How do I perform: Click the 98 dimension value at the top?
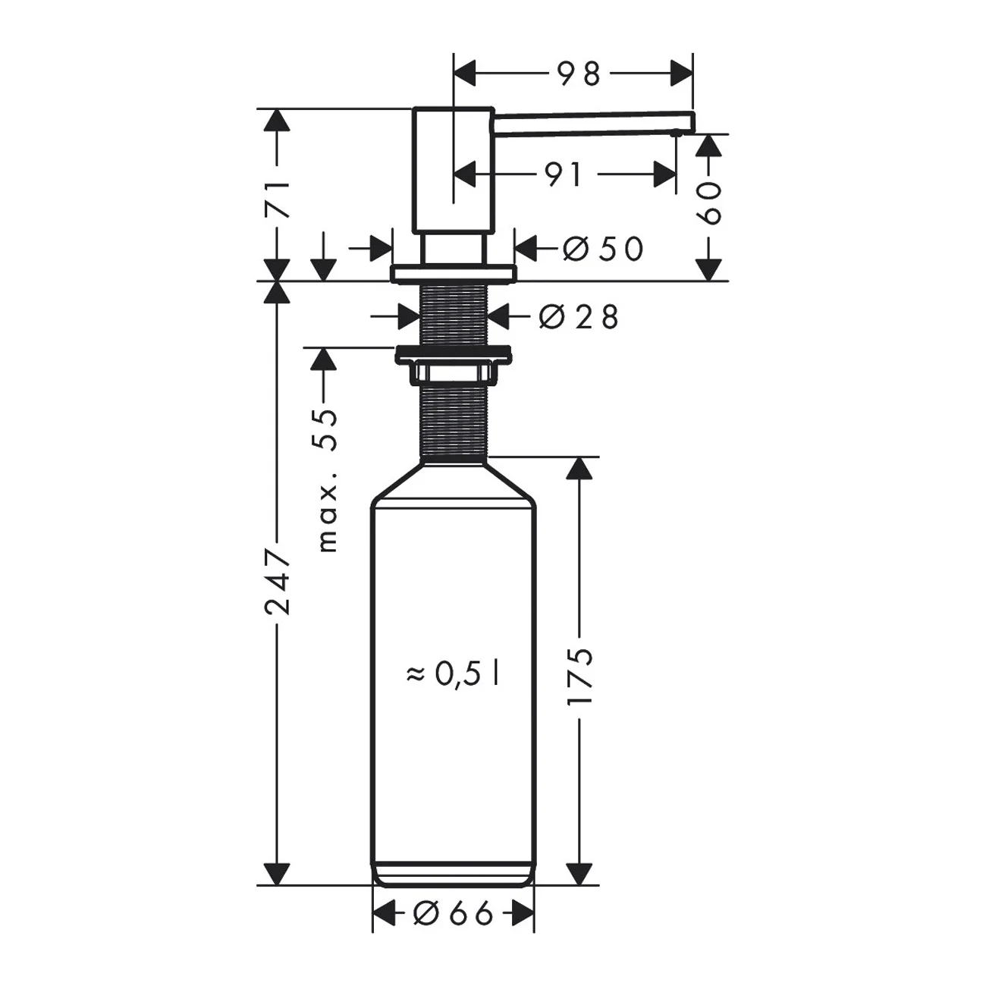(x=579, y=74)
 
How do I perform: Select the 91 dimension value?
(x=563, y=175)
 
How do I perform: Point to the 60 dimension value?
(x=708, y=203)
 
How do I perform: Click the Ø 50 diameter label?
(x=603, y=249)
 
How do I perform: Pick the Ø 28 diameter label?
(x=579, y=317)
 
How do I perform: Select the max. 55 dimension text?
(x=325, y=479)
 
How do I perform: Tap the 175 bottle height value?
(x=579, y=677)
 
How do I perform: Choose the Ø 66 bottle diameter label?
(x=453, y=914)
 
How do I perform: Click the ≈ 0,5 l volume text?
(x=453, y=674)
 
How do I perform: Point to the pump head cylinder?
(x=453, y=171)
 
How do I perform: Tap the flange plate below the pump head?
(x=453, y=273)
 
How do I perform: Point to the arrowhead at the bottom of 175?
(x=579, y=872)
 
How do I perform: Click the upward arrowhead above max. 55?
(x=324, y=360)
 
